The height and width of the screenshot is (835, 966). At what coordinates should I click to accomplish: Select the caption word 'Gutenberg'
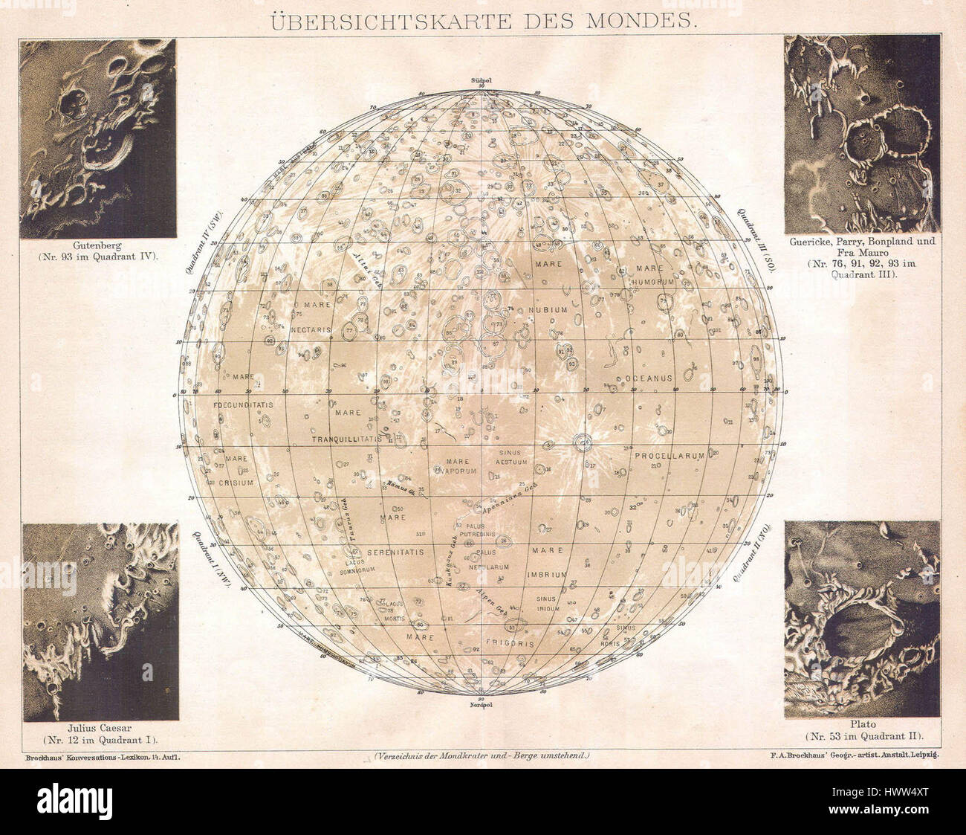point(97,245)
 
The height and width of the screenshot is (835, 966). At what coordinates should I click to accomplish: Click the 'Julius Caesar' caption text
point(100,727)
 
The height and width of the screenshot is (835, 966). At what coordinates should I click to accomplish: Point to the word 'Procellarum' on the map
point(669,457)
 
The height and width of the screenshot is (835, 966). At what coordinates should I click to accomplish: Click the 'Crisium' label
point(236,483)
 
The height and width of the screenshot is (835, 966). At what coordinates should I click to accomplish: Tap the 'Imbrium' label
point(548,574)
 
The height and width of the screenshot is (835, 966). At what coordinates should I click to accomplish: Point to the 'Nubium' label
point(548,309)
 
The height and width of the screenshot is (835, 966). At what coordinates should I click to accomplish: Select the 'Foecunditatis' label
point(243,405)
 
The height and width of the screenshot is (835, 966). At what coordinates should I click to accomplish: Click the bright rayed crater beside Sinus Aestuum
point(583,444)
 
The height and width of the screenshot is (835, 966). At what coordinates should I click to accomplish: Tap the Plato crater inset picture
point(861,618)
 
